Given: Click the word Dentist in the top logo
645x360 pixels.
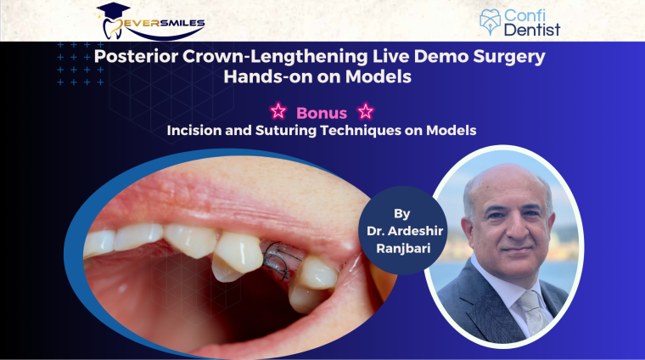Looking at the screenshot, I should (x=536, y=31).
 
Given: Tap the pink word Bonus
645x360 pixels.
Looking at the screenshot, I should (x=322, y=111).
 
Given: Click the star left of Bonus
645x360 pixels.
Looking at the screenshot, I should (x=277, y=111).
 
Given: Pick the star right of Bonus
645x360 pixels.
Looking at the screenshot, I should (x=366, y=111).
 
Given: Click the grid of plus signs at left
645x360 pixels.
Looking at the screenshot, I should (x=81, y=64).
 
